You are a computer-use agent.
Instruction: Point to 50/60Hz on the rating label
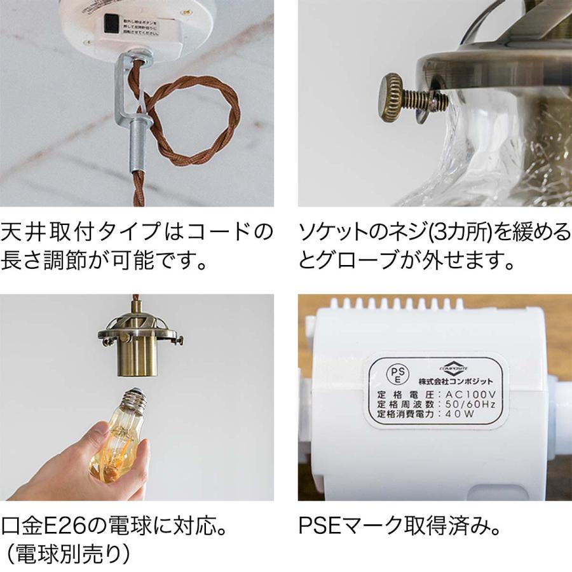click(472, 404)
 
